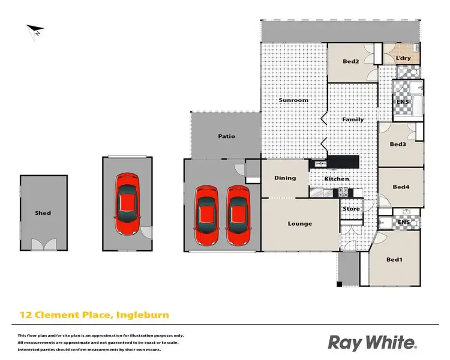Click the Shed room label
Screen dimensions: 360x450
pyautogui.click(x=43, y=213)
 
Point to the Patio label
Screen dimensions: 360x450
pyautogui.click(x=226, y=136)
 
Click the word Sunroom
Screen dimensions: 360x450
pyautogui.click(x=293, y=100)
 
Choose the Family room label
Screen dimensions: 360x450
pyautogui.click(x=353, y=119)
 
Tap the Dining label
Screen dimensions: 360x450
pyautogui.click(x=285, y=178)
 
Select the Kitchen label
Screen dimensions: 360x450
pyautogui.click(x=337, y=179)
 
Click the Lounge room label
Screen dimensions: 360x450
pyautogui.click(x=299, y=224)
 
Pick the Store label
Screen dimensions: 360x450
pyautogui.click(x=352, y=209)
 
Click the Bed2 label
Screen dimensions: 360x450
pyautogui.click(x=351, y=61)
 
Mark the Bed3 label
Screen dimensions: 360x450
pyautogui.click(x=398, y=144)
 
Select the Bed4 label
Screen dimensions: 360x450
pyautogui.click(x=400, y=187)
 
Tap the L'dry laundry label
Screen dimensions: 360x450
pyautogui.click(x=403, y=58)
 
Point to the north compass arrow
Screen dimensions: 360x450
pyautogui.click(x=35, y=31)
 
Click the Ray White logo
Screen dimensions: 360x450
pyautogui.click(x=371, y=343)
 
